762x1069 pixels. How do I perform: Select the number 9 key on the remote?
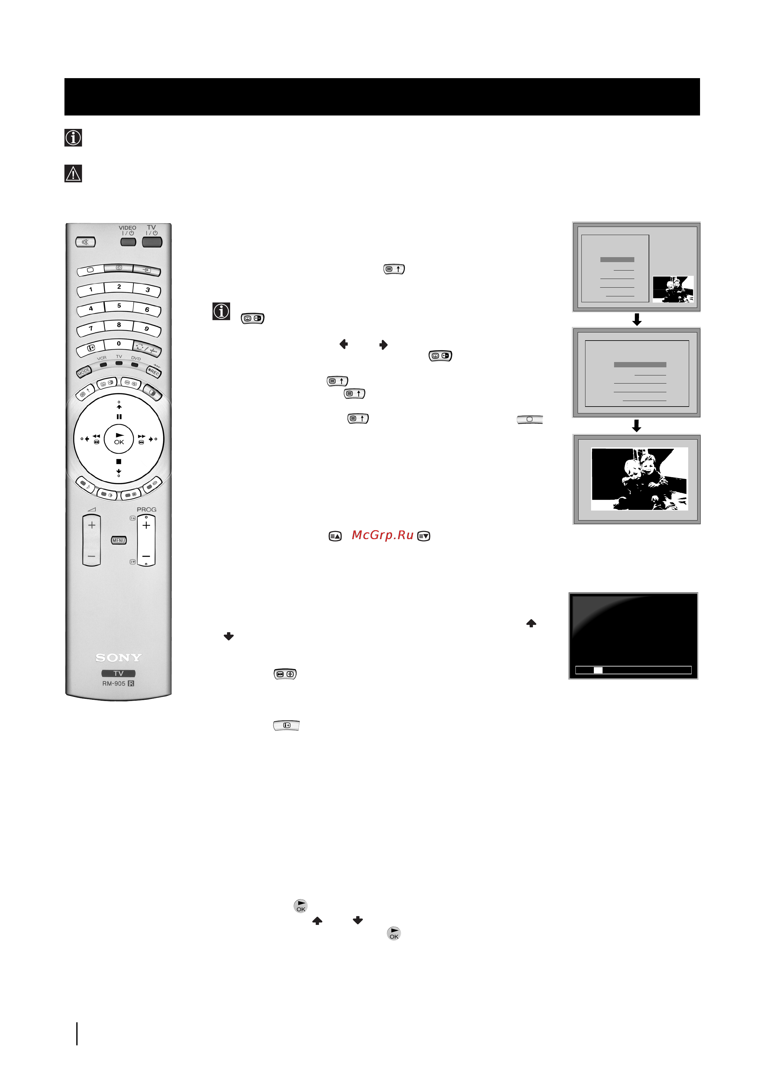pos(147,329)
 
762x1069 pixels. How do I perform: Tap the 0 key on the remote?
pos(119,344)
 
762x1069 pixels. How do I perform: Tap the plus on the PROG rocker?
pos(146,525)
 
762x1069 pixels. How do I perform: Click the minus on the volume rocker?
pos(92,556)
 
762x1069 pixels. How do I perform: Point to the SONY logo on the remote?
pos(118,658)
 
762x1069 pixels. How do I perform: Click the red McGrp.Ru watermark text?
pos(382,535)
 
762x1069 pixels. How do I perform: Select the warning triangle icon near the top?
pos(73,174)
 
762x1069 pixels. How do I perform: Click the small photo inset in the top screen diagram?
pos(673,289)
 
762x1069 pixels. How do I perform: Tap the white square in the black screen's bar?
pos(598,670)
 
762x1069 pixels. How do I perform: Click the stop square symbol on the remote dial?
pos(119,462)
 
